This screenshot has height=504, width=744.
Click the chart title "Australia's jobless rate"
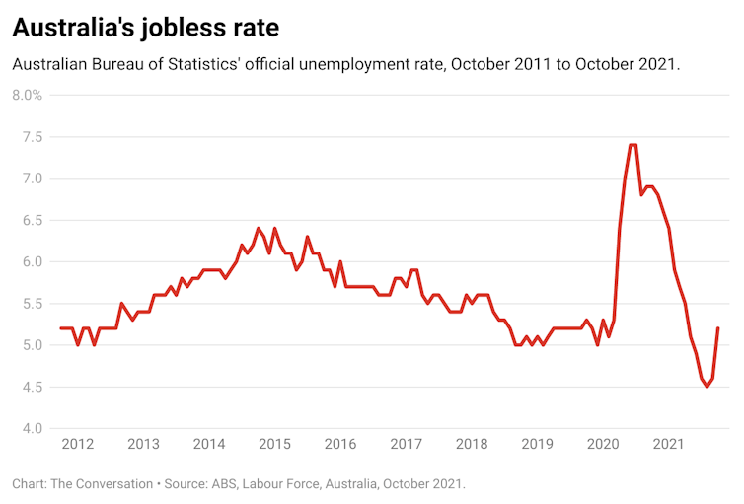click(145, 27)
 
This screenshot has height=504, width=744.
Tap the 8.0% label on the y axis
click(27, 95)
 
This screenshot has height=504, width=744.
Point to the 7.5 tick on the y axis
click(30, 137)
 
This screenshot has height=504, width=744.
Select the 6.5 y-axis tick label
click(30, 220)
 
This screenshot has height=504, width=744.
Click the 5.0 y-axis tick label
click(30, 345)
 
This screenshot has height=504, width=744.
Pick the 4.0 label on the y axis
click(30, 428)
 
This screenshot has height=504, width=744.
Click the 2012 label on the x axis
click(78, 445)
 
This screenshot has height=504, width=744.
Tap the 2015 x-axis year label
click(275, 445)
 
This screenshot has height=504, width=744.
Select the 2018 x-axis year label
click(473, 445)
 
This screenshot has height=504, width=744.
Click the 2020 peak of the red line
click(632, 145)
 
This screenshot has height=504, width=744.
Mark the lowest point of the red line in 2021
click(707, 387)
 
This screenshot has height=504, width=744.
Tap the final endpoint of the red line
click(717, 328)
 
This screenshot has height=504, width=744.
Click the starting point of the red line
click(61, 328)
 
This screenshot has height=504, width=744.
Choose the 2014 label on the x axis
click(209, 445)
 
